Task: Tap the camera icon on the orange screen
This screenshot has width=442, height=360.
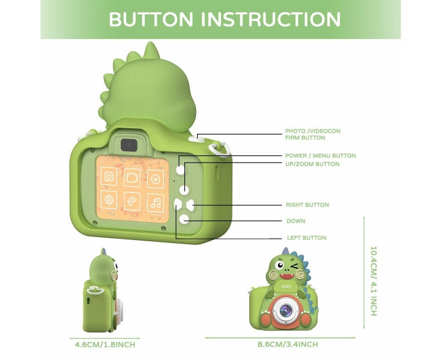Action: tap(109, 177)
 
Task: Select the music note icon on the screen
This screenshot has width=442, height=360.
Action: tap(156, 202)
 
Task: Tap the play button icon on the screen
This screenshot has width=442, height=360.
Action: tap(156, 178)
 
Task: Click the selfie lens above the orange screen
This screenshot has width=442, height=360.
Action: tap(127, 145)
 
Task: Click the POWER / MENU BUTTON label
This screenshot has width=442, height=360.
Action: tap(320, 156)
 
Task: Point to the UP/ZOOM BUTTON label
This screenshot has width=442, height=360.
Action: tap(312, 164)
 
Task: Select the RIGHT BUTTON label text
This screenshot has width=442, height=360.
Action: tap(307, 205)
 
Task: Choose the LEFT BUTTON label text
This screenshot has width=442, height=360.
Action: tap(306, 238)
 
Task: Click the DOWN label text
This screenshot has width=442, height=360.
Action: tap(295, 221)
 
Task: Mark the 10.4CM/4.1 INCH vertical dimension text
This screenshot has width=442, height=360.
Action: tap(373, 281)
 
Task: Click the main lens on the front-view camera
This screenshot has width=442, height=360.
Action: tap(285, 310)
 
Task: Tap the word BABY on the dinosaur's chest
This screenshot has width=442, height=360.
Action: tap(285, 287)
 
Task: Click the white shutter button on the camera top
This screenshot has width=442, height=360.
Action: tap(193, 138)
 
